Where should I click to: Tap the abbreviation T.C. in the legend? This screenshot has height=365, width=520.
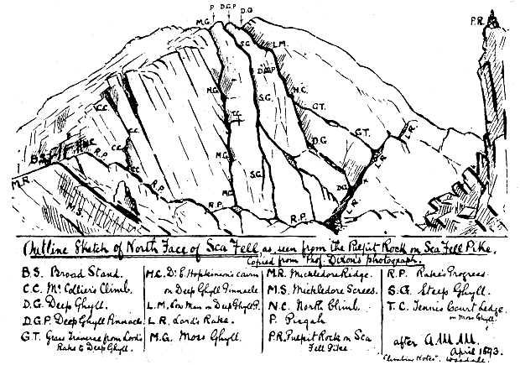pyautogui.click(x=401, y=307)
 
